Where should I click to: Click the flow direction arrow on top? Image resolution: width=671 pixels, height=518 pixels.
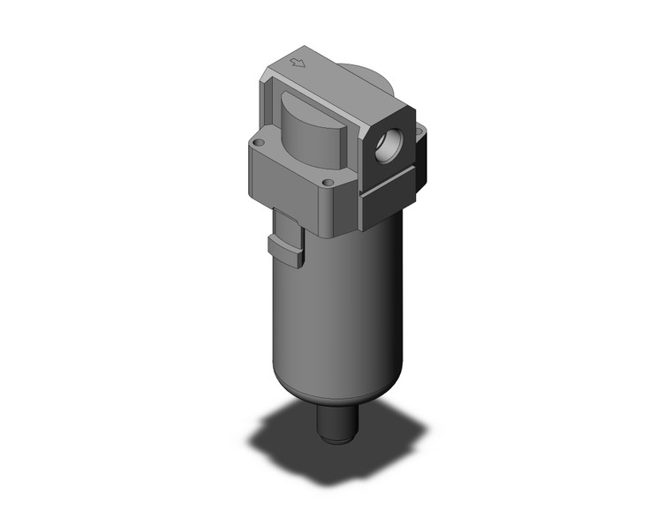pyautogui.click(x=298, y=63)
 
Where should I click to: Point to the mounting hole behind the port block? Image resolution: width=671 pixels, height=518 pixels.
pyautogui.click(x=419, y=134)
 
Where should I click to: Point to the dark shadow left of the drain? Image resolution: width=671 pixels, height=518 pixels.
pyautogui.click(x=283, y=432)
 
